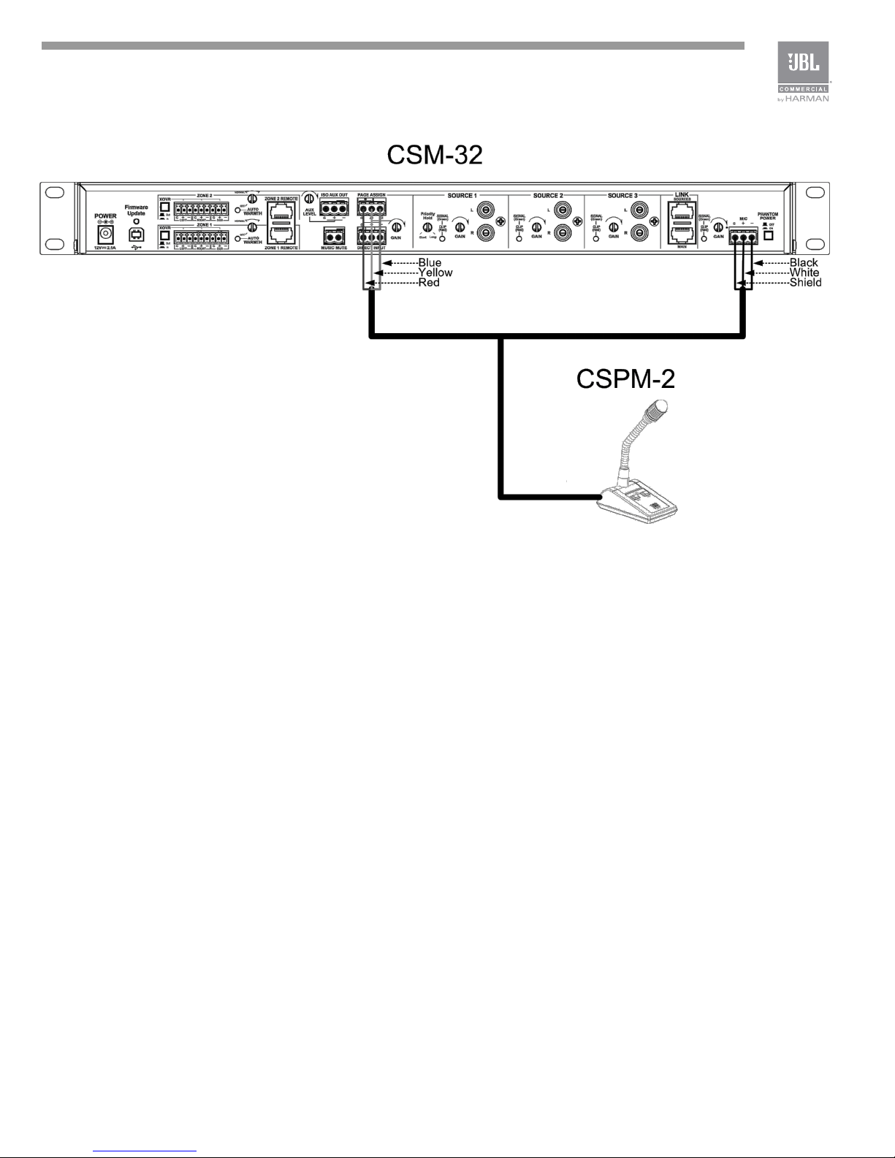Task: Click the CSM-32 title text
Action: point(434,156)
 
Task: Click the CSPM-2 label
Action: point(625,379)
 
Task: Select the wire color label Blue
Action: point(430,262)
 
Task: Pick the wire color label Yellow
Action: point(435,273)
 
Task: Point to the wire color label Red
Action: point(428,283)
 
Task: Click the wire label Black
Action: point(804,262)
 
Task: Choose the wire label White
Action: point(804,273)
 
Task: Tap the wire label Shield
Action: point(806,283)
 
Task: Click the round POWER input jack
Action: point(105,235)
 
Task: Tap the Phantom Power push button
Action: point(768,236)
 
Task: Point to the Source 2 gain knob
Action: point(536,227)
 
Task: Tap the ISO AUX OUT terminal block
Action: point(334,207)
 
